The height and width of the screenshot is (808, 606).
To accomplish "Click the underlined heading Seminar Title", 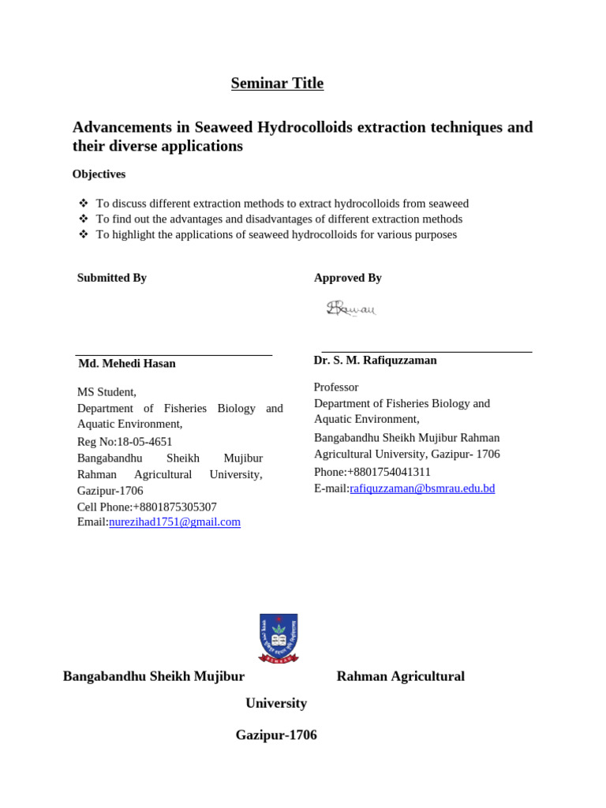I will (x=277, y=84).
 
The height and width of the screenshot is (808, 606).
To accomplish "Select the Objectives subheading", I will (x=99, y=174).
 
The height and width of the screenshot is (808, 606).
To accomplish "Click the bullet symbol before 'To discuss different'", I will (x=84, y=204).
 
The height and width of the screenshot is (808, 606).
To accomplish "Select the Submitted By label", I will (x=111, y=278).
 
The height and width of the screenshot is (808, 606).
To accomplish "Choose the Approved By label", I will (x=347, y=278).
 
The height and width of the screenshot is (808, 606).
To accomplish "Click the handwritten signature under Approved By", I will (x=351, y=309).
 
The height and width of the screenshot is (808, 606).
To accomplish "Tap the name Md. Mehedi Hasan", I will (x=127, y=364).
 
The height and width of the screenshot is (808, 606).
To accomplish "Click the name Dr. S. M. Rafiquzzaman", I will (x=375, y=360).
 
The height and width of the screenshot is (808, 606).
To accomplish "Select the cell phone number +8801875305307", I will (x=174, y=507).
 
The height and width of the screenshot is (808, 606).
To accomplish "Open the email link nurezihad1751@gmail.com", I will (x=174, y=522).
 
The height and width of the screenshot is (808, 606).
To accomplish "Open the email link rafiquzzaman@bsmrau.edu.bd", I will (x=422, y=488).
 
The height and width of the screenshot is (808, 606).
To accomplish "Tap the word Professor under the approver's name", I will (x=335, y=387).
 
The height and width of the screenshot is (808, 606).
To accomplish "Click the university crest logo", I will (x=278, y=638).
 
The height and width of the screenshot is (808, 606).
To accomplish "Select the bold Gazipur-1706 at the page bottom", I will (x=276, y=735).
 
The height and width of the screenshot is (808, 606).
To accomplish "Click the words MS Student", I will (x=107, y=392).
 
